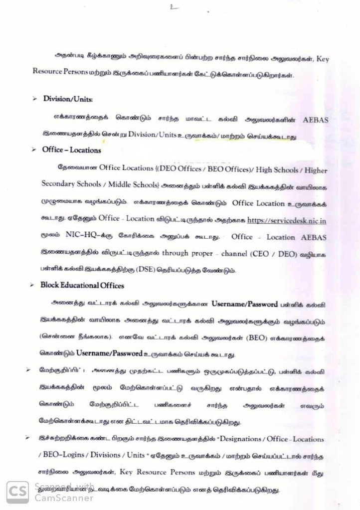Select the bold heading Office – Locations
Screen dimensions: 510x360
coord(71,150)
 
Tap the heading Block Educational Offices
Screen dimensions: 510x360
coord(83,286)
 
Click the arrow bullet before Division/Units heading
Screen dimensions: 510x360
coord(35,99)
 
